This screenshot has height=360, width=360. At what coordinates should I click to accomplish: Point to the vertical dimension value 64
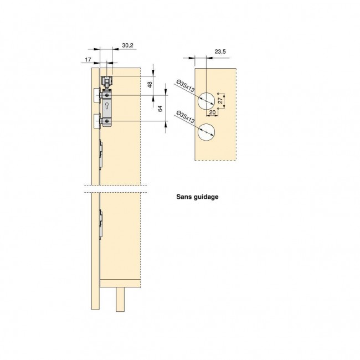click(161, 109)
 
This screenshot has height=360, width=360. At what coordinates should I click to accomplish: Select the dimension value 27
click(221, 100)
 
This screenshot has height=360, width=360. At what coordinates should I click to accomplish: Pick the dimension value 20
click(213, 113)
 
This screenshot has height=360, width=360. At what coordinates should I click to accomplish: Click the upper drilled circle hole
click(205, 100)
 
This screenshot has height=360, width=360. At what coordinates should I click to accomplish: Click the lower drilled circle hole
click(205, 133)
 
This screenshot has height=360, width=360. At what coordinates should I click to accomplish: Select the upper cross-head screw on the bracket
click(106, 95)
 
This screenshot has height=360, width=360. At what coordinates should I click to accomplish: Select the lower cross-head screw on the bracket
click(106, 120)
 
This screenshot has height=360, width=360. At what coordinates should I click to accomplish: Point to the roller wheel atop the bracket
click(106, 81)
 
